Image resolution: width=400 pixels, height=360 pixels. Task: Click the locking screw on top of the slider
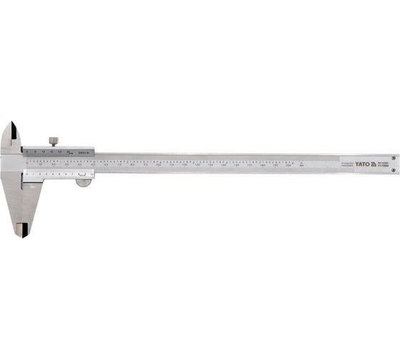[x=54, y=141]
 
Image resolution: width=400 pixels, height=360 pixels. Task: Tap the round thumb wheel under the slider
[x=84, y=183]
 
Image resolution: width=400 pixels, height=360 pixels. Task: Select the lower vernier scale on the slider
[x=57, y=172]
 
